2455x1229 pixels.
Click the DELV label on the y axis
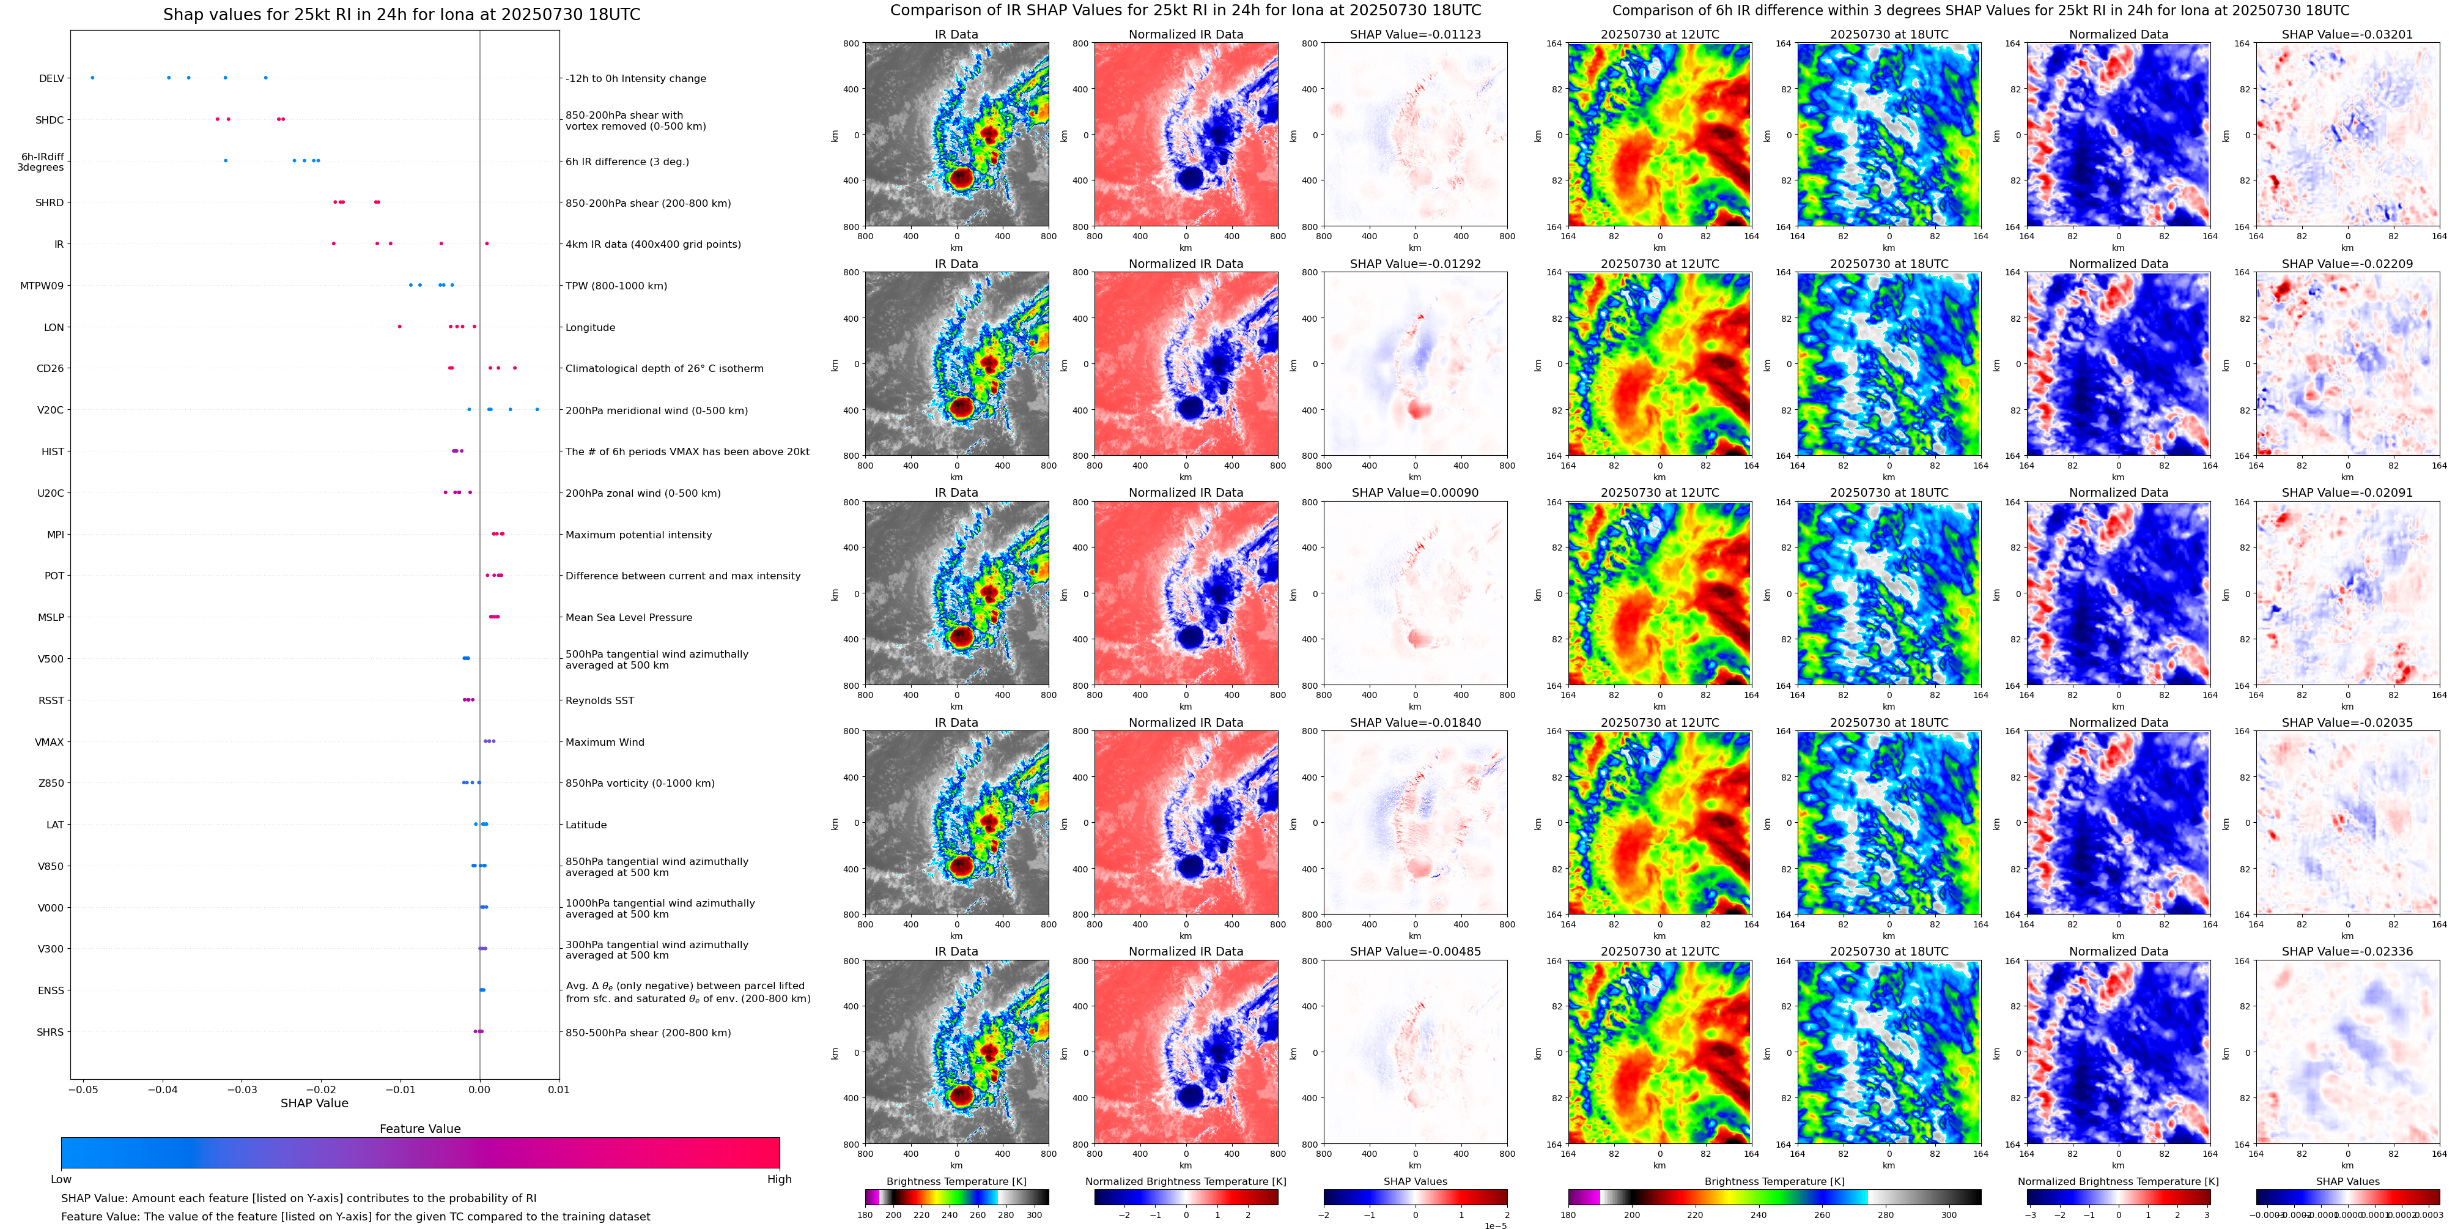[x=51, y=78]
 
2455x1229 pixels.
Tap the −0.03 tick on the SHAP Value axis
[x=242, y=1090]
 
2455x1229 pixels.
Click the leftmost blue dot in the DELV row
[x=92, y=77]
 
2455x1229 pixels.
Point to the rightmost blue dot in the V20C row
[x=537, y=409]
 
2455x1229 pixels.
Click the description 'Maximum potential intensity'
[x=638, y=535]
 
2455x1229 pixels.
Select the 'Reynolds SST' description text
[x=599, y=701]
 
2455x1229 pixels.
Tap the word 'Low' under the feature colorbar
[x=61, y=1179]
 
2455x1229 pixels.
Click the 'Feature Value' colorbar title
[x=419, y=1129]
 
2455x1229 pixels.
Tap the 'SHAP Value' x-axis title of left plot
[x=314, y=1103]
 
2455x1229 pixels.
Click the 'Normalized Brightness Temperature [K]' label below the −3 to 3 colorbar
[x=2117, y=1181]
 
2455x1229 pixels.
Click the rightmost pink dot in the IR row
[x=486, y=243]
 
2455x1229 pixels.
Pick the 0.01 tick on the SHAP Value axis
[x=558, y=1090]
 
